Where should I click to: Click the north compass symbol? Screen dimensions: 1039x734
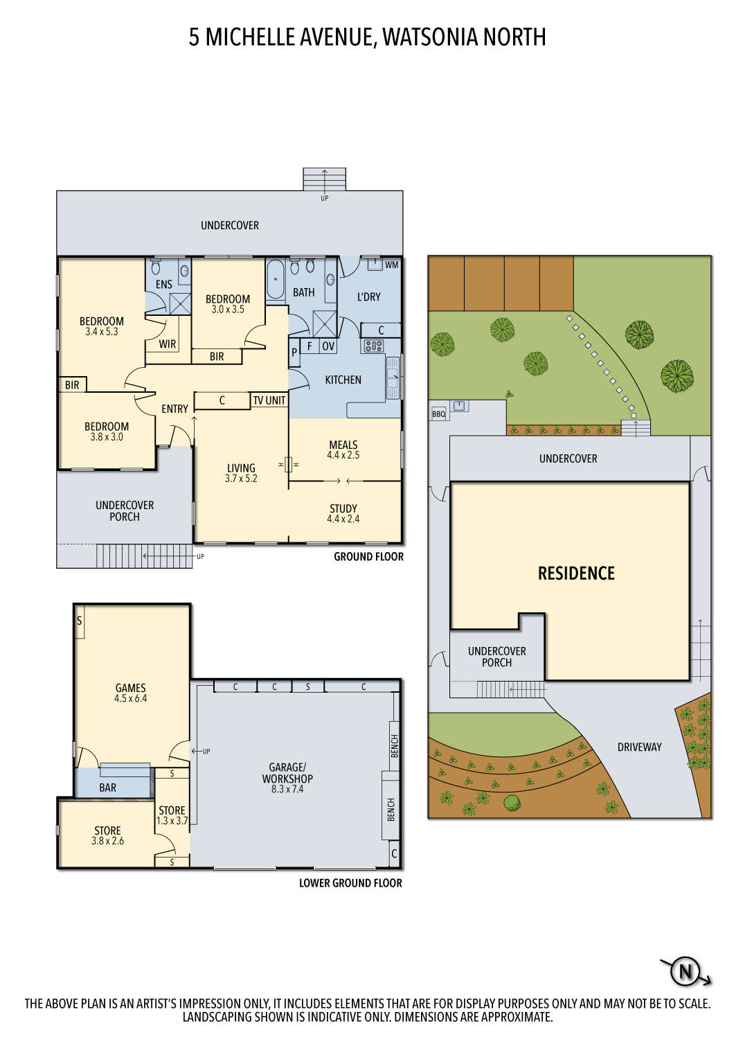point(686,971)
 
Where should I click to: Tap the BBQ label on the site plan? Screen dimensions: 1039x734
point(438,414)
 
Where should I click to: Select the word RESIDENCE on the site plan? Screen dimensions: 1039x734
point(576,574)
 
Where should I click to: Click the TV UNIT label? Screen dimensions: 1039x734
point(269,400)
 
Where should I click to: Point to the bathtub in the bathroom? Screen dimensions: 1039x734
point(275,281)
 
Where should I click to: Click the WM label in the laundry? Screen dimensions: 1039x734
point(391,265)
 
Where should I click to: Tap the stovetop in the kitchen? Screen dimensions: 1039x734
point(373,346)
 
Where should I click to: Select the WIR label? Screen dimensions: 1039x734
point(168,344)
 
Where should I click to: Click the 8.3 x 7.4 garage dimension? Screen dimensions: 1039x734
point(287,789)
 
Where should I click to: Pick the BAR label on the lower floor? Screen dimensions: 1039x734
point(107,788)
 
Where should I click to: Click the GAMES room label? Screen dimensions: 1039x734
point(130,688)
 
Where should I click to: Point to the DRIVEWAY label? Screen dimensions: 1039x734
point(639,747)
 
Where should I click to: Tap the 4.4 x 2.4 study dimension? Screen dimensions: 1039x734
point(343,519)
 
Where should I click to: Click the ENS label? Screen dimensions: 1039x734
point(163,284)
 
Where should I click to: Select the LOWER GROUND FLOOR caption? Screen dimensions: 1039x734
point(350,883)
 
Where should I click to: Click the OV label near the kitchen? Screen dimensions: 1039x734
point(328,346)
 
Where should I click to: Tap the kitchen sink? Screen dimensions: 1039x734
point(393,378)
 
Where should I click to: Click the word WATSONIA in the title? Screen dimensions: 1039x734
point(429,37)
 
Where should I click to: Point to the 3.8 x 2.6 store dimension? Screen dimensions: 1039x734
point(107,841)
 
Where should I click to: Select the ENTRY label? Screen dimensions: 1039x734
point(174,409)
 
